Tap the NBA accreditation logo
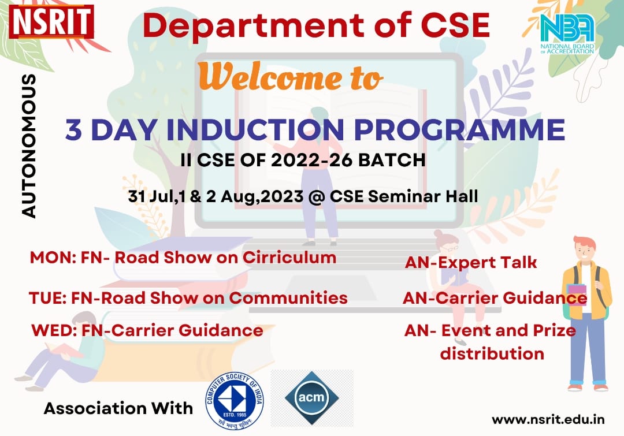(567, 33)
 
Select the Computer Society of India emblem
(235, 401)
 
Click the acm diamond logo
(312, 397)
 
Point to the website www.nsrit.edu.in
(548, 420)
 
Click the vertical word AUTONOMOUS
(29, 146)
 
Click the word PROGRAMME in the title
(460, 129)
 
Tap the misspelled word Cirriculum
(289, 258)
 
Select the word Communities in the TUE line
(288, 298)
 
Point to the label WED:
(54, 330)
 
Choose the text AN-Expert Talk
(471, 263)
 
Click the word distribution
(492, 353)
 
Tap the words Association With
(118, 408)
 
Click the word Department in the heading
(252, 25)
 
